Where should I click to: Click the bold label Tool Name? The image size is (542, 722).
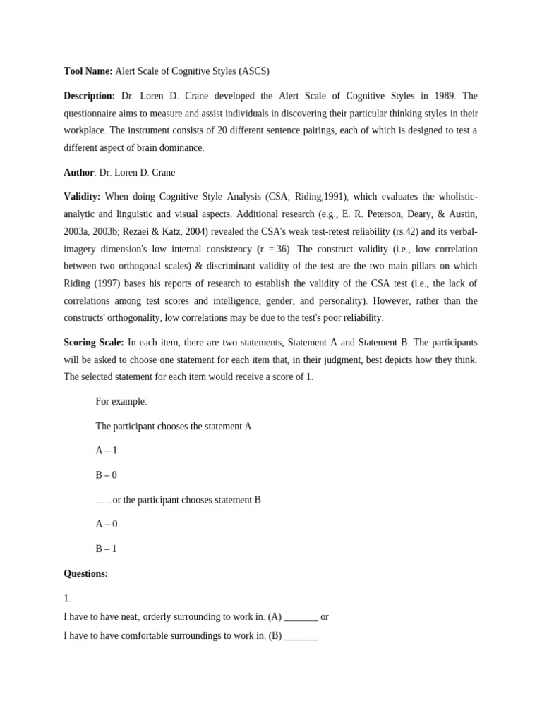click(x=88, y=71)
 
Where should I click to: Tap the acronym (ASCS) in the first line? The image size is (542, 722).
click(x=254, y=71)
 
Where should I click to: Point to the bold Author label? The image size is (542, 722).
click(x=79, y=173)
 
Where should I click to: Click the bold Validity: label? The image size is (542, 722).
click(x=82, y=197)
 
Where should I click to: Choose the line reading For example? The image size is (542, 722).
click(x=121, y=402)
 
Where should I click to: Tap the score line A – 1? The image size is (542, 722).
click(x=107, y=451)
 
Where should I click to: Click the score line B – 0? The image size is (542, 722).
click(x=107, y=475)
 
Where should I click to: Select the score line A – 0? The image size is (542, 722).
click(x=107, y=525)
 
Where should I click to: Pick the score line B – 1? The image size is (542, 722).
click(x=107, y=549)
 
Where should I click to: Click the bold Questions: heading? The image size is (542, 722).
click(x=86, y=574)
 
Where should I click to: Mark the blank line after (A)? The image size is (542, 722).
click(x=301, y=618)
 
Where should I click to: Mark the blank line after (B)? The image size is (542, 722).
click(x=301, y=636)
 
